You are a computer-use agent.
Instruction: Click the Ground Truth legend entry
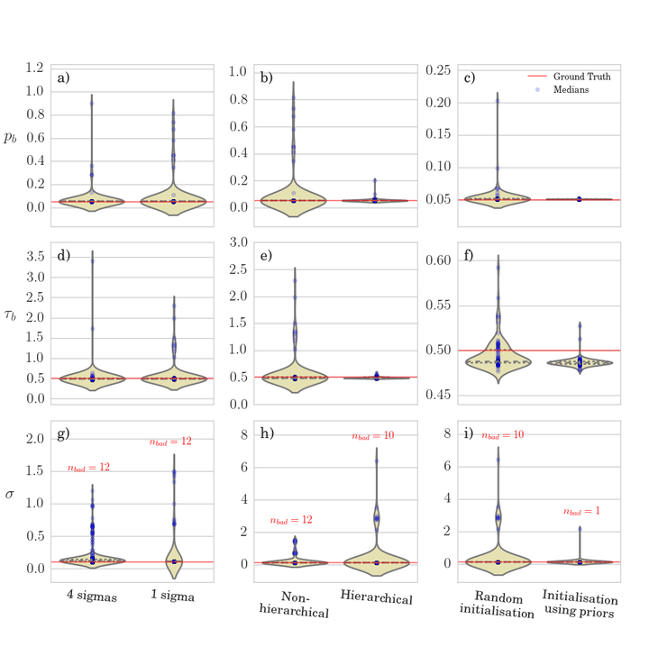click(x=581, y=77)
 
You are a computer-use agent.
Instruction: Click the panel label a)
click(x=64, y=77)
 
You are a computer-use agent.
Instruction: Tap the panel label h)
click(x=242, y=433)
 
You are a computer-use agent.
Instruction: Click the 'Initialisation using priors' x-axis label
click(x=580, y=606)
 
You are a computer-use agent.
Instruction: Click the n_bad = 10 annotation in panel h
click(x=376, y=436)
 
